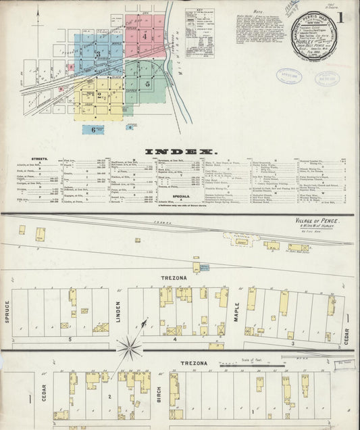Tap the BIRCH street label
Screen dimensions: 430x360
click(160, 396)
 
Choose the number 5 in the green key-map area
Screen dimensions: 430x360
click(147, 85)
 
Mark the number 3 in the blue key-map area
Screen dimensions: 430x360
click(99, 53)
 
